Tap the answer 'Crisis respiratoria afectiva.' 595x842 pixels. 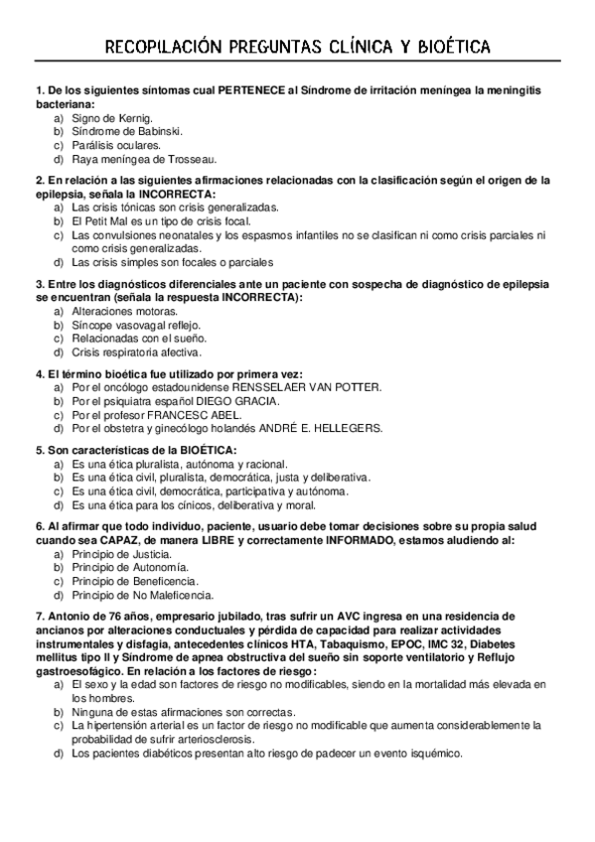tap(137, 351)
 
